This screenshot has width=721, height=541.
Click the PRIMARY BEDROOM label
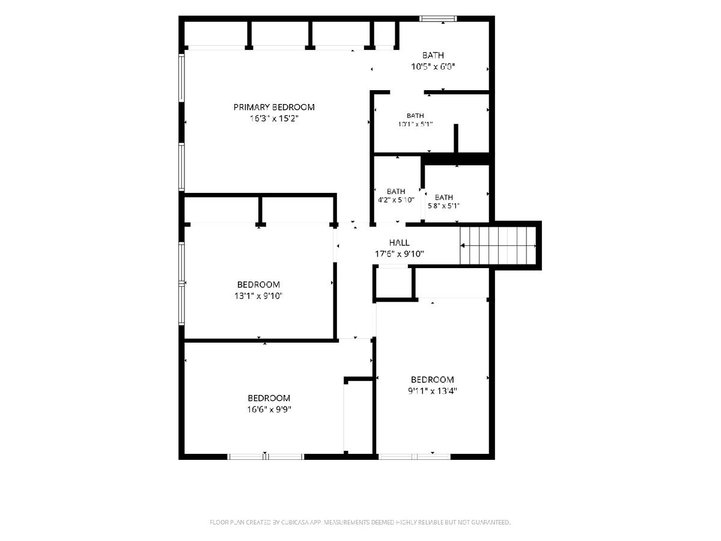click(x=274, y=107)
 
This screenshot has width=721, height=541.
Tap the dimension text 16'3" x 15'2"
click(x=274, y=118)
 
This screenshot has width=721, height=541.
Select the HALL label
click(x=399, y=242)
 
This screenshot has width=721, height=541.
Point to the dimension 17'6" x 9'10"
click(x=400, y=254)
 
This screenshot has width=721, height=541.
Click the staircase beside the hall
click(x=498, y=245)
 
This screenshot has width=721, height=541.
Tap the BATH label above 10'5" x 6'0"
click(x=433, y=55)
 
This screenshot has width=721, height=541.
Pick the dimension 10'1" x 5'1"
click(x=415, y=124)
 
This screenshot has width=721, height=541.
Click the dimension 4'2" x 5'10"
click(x=396, y=200)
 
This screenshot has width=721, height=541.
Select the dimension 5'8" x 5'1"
click(x=443, y=206)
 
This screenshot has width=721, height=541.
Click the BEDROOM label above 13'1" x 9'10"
click(x=258, y=284)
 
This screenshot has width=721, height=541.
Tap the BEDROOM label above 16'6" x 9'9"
click(x=269, y=398)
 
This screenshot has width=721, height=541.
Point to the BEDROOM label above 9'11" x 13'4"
click(x=432, y=380)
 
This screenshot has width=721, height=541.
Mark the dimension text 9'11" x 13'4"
click(x=433, y=391)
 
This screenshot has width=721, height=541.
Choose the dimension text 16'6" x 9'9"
click(x=269, y=409)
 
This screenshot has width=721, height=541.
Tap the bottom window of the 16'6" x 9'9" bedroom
click(x=266, y=457)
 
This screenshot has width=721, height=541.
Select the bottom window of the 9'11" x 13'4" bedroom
click(x=414, y=457)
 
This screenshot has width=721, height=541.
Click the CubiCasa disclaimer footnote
click(x=360, y=522)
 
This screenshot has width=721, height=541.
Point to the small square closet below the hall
click(x=394, y=284)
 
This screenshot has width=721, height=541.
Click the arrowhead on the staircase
click(x=463, y=245)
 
